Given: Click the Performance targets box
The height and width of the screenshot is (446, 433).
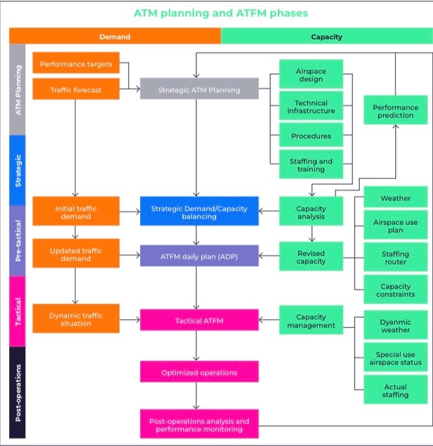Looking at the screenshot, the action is coord(76,63).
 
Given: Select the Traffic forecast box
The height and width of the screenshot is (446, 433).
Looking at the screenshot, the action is coord(76,89).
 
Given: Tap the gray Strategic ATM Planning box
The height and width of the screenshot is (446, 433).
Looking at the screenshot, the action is coord(199,88).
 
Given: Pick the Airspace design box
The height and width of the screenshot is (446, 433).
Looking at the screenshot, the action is coord(311,74).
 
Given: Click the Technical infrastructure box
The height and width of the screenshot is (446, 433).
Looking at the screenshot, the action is coord(311,106).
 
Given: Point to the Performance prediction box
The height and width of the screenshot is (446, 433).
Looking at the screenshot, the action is coord(395,110).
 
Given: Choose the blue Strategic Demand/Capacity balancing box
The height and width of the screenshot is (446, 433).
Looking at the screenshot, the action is coord(199,211).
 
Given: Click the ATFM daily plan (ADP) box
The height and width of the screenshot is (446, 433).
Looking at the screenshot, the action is coord(199,255).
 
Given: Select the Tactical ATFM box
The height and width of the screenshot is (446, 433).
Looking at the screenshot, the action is coord(199,320).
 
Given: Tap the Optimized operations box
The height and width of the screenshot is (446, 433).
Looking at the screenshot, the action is coord(199,371).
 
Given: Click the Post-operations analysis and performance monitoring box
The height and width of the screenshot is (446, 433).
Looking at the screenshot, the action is coord(199,424).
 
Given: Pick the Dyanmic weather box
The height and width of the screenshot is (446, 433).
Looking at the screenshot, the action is coord(395,325).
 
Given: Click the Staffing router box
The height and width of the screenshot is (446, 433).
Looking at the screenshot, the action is coord(395,257).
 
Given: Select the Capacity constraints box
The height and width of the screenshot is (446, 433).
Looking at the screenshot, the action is coord(395,289).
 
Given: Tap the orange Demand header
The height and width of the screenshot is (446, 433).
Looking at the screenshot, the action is coord(115,36).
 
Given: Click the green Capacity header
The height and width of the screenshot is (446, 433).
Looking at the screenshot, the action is coord(327,36).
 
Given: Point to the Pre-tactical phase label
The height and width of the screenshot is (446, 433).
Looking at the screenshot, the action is coord(18,241).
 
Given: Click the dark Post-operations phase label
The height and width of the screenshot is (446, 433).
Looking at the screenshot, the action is coord(18,393).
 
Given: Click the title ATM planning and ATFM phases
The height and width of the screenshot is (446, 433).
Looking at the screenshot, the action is coord(221,13).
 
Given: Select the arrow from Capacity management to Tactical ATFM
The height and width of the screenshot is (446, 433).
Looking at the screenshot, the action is coord(269,320).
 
